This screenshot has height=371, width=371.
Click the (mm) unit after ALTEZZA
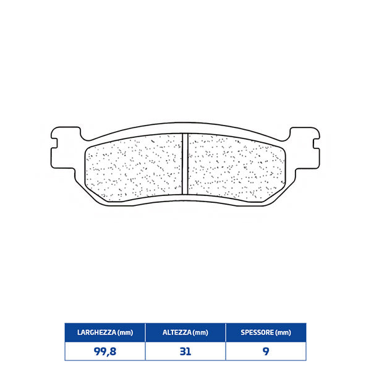200,332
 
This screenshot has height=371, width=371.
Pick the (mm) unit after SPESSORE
282,332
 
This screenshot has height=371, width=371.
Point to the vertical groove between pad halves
185,163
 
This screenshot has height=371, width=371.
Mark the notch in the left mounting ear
54,143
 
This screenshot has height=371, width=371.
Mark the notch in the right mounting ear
315,143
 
